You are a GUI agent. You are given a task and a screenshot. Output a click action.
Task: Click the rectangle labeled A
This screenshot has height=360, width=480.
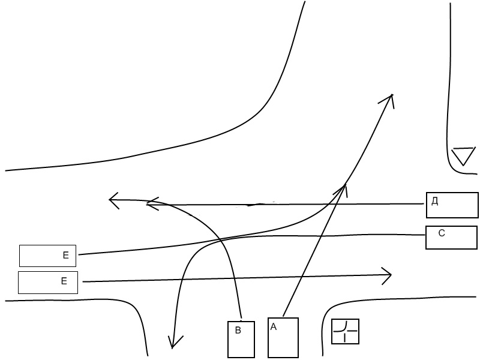pos(283,337)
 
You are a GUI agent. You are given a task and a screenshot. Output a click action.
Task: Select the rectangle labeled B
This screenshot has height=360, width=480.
pos(242,340)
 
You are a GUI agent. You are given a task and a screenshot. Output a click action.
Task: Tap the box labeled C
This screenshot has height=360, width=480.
pos(451,238)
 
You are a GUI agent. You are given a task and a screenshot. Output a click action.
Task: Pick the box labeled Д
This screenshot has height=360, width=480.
pos(452,205)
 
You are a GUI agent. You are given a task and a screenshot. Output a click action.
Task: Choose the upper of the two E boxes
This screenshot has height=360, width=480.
pos(48,256)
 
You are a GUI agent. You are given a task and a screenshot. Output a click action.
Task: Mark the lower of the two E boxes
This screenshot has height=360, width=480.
pos(48,283)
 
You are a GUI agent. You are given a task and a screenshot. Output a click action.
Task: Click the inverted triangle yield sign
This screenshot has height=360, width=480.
pos(463,156)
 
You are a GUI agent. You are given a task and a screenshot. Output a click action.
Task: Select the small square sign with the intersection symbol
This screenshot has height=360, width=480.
pos(345,331)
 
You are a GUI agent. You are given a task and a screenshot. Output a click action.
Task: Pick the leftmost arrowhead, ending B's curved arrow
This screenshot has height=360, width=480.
pos(112,200)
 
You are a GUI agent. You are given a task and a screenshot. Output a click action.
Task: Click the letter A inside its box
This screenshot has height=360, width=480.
pos(274,327)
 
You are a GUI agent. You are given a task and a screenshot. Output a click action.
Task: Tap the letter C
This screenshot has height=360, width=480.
pos(442,233)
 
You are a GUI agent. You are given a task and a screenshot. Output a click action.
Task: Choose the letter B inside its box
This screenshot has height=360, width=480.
pos(238,330)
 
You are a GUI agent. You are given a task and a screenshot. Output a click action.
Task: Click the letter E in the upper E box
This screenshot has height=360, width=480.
pos(66,256)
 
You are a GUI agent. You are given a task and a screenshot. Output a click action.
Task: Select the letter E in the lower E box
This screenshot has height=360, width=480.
pos(64,281)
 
